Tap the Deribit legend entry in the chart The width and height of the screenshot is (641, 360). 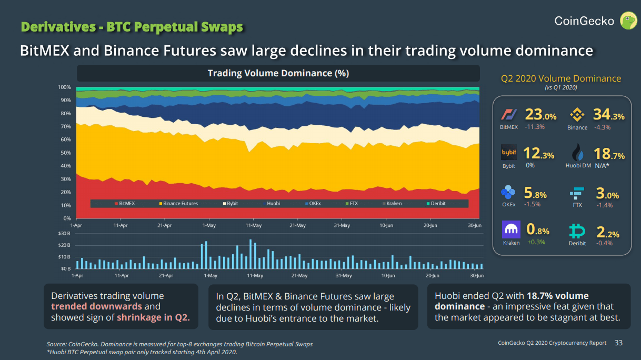[x=436, y=203]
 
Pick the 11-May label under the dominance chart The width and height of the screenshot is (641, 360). [x=254, y=225]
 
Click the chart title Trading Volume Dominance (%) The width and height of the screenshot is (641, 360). [x=278, y=73]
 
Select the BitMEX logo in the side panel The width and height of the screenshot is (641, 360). [x=509, y=115]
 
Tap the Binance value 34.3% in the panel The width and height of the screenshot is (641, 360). [x=609, y=115]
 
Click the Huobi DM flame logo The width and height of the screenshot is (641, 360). [x=578, y=153]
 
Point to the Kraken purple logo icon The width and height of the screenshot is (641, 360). [x=511, y=230]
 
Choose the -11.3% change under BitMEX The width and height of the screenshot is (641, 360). [x=534, y=127]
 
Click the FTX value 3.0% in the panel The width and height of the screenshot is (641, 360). [x=607, y=194]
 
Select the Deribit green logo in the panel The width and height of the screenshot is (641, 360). [x=578, y=231]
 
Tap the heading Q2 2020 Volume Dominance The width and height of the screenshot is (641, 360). [x=560, y=78]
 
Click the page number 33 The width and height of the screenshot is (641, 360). [x=618, y=343]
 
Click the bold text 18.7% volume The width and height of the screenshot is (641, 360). [x=557, y=296]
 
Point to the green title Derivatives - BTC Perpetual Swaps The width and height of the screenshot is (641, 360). [x=132, y=26]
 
